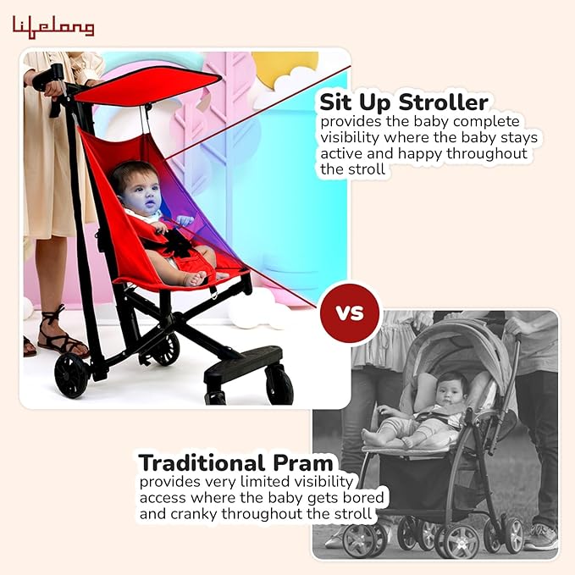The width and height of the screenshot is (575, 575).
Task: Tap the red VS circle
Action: pyautogui.click(x=350, y=312)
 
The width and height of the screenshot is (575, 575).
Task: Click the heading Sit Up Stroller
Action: pyautogui.click(x=403, y=102)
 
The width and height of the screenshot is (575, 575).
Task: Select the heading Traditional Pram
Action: pyautogui.click(x=236, y=463)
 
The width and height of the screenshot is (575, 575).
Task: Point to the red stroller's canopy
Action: pyautogui.click(x=148, y=85)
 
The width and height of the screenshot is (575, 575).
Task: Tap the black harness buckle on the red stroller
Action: pyautogui.click(x=179, y=243)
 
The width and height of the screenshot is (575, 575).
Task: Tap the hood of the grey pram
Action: pyautogui.click(x=457, y=339)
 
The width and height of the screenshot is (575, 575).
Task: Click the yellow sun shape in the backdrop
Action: pyautogui.click(x=284, y=68)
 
